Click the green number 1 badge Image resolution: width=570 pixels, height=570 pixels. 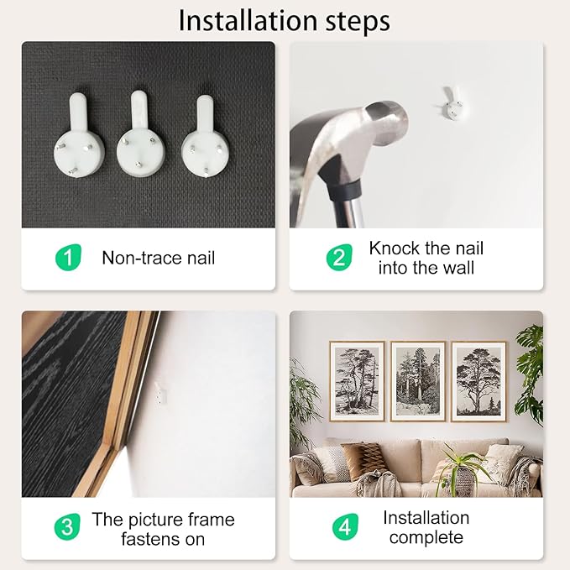point(68,258)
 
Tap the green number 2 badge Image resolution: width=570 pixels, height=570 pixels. point(339,258)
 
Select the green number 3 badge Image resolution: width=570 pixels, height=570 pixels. point(67,526)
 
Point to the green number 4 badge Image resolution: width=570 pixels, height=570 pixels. point(345,526)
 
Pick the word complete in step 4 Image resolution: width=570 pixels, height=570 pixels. point(426,538)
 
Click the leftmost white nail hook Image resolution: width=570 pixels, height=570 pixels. point(79,135)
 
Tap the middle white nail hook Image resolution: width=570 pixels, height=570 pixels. point(141,133)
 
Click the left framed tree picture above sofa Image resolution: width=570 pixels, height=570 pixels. point(357,381)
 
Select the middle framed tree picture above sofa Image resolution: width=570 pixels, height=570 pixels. point(418,381)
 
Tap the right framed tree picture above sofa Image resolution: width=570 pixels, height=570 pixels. point(478,381)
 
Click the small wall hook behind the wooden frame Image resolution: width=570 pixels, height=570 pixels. point(160,394)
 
